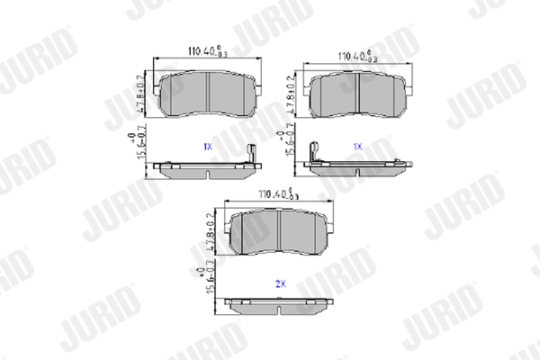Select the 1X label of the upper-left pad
point(208,145)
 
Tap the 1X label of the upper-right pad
point(357,145)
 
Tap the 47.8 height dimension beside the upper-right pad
point(289,96)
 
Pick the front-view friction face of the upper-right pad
point(357,94)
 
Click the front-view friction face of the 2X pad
point(280,232)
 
